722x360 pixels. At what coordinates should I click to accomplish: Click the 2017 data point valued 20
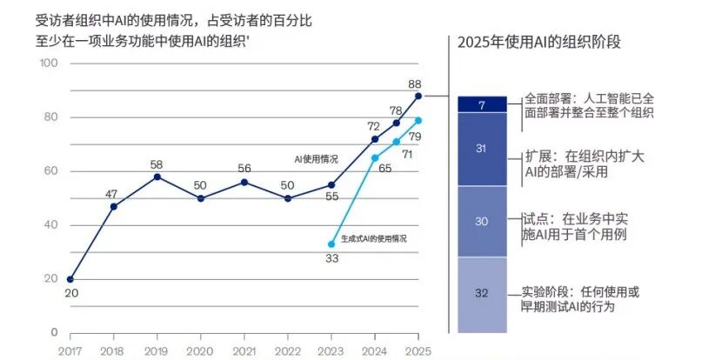pyautogui.click(x=70, y=279)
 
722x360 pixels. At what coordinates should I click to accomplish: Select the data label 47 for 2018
pyautogui.click(x=113, y=193)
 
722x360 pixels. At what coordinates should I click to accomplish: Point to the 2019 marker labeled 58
pyautogui.click(x=157, y=177)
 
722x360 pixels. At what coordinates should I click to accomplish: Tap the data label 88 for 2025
pyautogui.click(x=416, y=83)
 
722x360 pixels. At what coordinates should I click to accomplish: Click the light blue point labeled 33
pyautogui.click(x=331, y=244)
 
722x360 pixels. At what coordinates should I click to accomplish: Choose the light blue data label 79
pyautogui.click(x=416, y=137)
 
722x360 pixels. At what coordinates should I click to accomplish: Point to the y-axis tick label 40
pyautogui.click(x=50, y=225)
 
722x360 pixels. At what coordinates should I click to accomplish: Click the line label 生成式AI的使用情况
pyautogui.click(x=374, y=237)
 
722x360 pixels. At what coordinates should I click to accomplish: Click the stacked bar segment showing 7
pyautogui.click(x=481, y=104)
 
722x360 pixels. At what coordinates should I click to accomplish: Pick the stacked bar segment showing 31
pyautogui.click(x=481, y=149)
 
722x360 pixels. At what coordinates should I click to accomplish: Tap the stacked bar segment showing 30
pyautogui.click(x=481, y=221)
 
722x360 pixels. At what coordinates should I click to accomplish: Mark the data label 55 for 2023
pyautogui.click(x=331, y=197)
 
